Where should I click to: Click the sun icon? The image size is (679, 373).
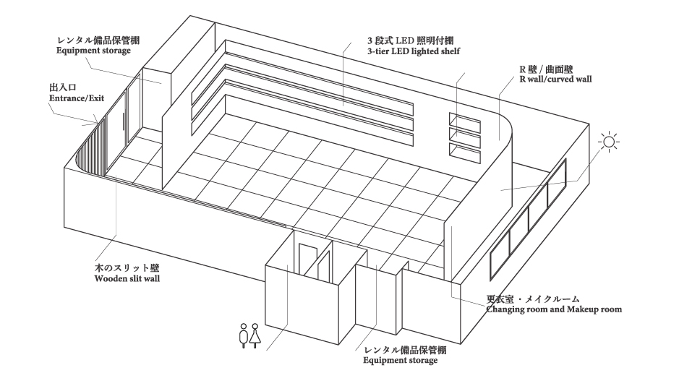coord(608,142)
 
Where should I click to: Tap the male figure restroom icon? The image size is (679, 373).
coord(244,335)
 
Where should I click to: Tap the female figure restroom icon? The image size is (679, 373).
coord(255,335)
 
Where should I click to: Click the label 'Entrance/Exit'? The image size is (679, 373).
coord(77,98)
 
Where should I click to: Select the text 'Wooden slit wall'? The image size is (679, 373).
coord(127,278)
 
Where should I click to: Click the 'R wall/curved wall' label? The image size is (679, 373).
coord(555,80)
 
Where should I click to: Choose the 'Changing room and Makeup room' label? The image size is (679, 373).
coord(554,309)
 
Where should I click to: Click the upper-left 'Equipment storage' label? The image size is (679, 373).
coord(93,51)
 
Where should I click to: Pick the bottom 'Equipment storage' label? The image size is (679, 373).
coord(400,361)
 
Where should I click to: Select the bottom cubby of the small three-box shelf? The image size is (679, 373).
coord(465,153)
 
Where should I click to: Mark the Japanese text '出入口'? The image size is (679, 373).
coord(63,88)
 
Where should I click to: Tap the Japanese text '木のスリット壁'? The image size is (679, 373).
coord(127,268)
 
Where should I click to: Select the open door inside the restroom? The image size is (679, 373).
coord(323,265)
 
